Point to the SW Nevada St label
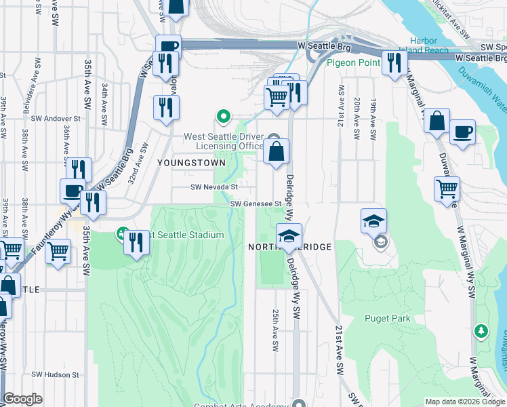pyautogui.click(x=214, y=187)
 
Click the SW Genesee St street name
pyautogui.click(x=256, y=203)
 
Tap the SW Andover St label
pyautogui.click(x=56, y=118)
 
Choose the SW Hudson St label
pyautogui.click(x=56, y=374)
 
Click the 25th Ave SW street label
pyautogui.click(x=275, y=331)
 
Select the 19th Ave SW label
pyautogui.click(x=373, y=119)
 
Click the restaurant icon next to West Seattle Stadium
pyautogui.click(x=137, y=242)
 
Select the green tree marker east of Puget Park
pyautogui.click(x=481, y=331)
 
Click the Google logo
pyautogui.click(x=22, y=400)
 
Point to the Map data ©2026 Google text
pyautogui.click(x=464, y=402)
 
